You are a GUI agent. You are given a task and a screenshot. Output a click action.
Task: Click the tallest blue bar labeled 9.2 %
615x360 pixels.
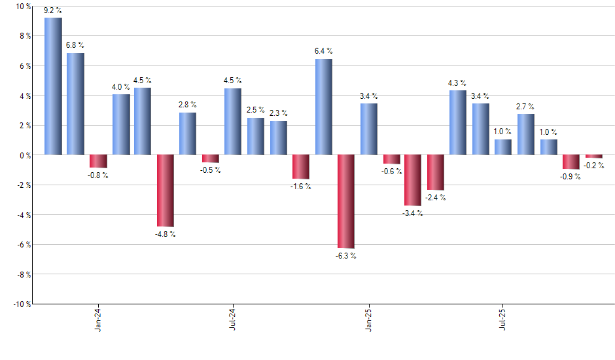53,86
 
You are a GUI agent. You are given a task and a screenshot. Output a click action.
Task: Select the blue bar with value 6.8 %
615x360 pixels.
75,104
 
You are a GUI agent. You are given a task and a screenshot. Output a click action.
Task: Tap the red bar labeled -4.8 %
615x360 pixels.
166,190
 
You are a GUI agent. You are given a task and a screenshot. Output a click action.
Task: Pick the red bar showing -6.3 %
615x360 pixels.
346,202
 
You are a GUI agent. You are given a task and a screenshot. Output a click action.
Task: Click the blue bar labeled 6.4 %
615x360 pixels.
323,107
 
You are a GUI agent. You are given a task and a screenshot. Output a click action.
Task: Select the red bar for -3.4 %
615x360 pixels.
413,180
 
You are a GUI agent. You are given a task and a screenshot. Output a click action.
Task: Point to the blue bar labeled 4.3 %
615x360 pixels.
458,122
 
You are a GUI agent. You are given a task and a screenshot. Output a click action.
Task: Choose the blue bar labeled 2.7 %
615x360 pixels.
526,134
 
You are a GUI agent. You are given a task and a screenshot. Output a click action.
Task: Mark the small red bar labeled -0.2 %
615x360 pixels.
593,156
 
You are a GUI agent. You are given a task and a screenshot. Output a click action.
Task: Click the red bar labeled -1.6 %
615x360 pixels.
301,167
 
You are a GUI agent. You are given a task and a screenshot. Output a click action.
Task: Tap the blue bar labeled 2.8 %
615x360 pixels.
188,134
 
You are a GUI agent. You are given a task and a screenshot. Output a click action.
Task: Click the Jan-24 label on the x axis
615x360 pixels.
98,319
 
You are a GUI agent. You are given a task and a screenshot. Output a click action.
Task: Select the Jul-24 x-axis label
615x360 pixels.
233,319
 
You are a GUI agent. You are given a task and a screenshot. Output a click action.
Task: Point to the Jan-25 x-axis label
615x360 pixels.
368,319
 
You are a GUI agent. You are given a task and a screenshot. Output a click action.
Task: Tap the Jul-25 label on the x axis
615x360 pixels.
503,319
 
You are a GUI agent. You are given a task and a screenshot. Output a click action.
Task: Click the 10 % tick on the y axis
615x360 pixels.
23,7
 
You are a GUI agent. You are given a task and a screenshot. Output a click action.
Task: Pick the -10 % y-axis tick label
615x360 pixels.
22,304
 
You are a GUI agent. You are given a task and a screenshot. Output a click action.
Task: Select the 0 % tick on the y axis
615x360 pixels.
25,155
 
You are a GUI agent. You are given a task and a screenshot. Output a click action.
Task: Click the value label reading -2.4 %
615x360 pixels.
436,198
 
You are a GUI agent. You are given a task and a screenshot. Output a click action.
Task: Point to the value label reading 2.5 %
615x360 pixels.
256,110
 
